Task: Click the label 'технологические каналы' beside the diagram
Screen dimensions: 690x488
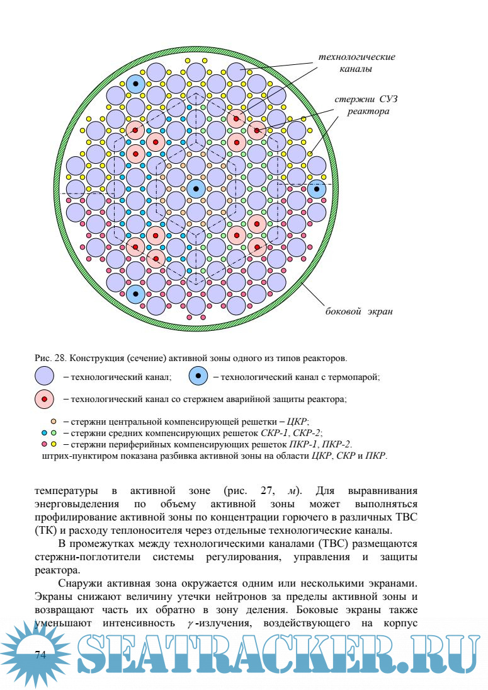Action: pyautogui.click(x=356, y=63)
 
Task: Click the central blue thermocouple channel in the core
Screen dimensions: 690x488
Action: pyautogui.click(x=196, y=188)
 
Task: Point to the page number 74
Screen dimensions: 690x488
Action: pyautogui.click(x=40, y=655)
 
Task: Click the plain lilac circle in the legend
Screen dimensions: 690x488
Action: pyautogui.click(x=45, y=377)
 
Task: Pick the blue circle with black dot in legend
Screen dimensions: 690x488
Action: pyautogui.click(x=198, y=377)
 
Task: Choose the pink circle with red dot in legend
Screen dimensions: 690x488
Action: pyautogui.click(x=45, y=399)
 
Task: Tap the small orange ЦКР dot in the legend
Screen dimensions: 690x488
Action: pyautogui.click(x=54, y=421)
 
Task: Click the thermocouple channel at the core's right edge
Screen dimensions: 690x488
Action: pyautogui.click(x=317, y=188)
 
